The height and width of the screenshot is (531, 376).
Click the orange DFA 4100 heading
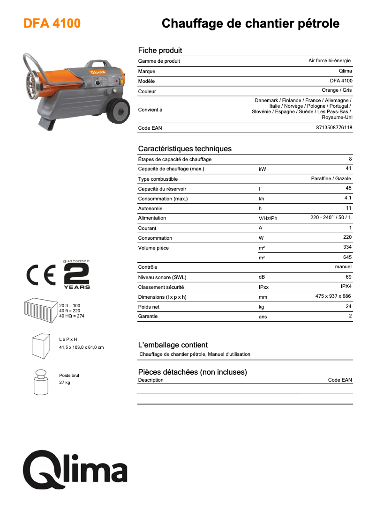52,23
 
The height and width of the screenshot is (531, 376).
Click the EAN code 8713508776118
334,127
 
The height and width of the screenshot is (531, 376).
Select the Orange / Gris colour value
337,90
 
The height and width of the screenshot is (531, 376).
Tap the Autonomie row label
150,208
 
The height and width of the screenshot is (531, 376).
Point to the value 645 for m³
347,257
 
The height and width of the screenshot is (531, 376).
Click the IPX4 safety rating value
346,286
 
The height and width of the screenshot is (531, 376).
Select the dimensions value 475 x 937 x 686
333,296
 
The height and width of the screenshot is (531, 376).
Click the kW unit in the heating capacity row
262,169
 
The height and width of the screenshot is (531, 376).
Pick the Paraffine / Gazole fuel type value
331,178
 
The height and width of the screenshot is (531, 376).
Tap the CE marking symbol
42,277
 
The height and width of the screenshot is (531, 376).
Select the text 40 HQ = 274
72,316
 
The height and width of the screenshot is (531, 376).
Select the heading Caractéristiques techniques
185,149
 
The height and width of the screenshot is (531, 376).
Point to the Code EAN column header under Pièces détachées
340,380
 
